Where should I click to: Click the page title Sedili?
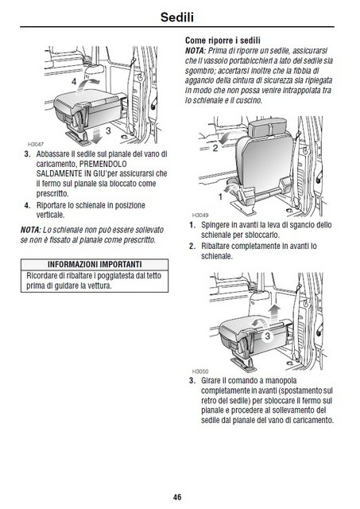[177, 17]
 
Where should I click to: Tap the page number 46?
[177, 497]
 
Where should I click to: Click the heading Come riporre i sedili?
[223, 41]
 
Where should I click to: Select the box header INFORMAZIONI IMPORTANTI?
[95, 264]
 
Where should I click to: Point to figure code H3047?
[35, 144]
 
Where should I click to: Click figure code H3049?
[200, 216]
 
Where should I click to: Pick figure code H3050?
[200, 371]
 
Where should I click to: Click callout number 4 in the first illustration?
[74, 81]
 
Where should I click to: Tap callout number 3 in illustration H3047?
[108, 130]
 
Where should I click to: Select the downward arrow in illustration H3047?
[96, 134]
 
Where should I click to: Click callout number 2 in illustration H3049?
[215, 149]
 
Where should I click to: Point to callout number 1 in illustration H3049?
[221, 196]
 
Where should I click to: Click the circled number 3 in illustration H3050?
[268, 336]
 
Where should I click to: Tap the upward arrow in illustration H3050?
[275, 313]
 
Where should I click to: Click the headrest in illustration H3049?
[269, 127]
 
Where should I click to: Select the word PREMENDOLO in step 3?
[103, 164]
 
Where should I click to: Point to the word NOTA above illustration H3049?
[195, 51]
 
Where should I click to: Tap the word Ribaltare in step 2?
[215, 246]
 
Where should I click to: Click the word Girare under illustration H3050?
[210, 380]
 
